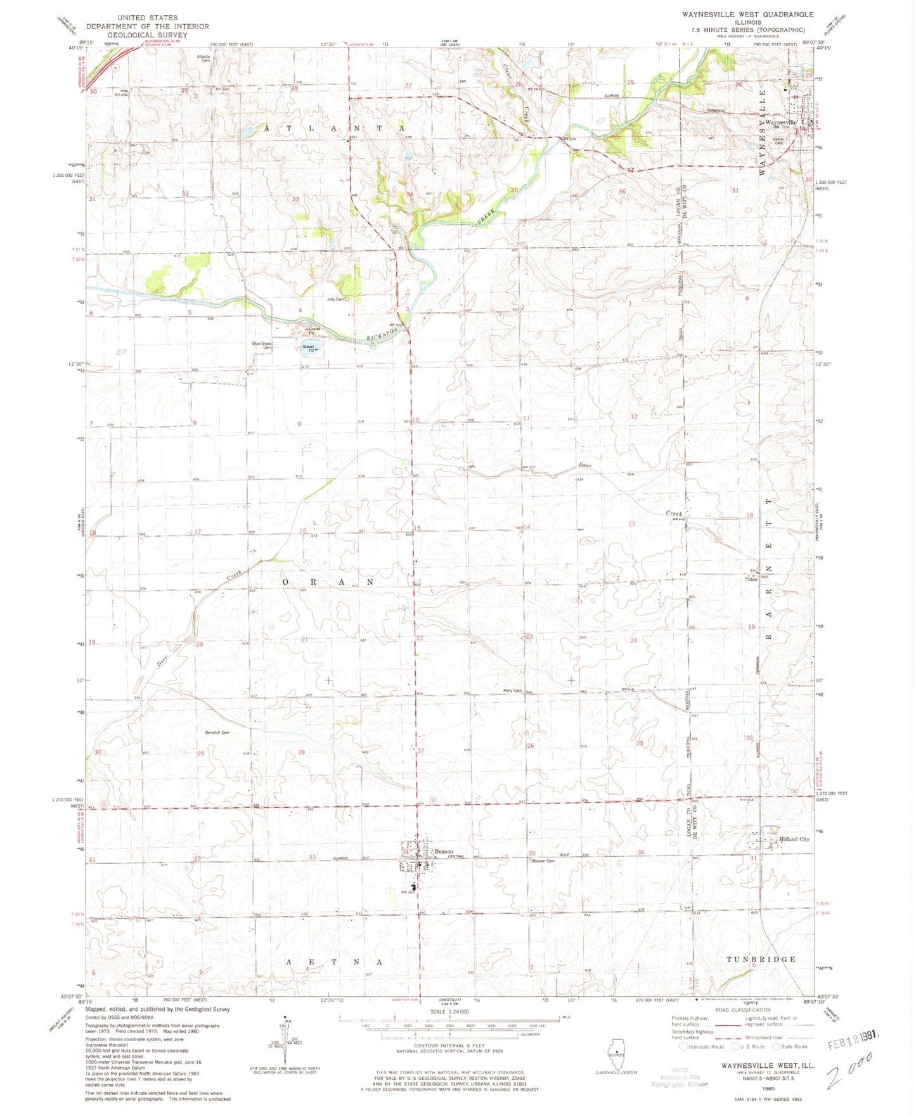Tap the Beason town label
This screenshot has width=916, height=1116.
point(444,851)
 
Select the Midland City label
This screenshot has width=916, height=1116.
point(794,839)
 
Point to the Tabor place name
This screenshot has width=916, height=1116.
point(751,579)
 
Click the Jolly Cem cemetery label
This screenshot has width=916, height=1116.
point(336,299)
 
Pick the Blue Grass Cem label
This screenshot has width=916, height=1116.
point(262,345)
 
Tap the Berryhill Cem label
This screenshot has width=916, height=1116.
point(217,733)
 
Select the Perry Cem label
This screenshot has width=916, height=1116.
point(512,690)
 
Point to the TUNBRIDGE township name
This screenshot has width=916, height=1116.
point(761,959)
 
